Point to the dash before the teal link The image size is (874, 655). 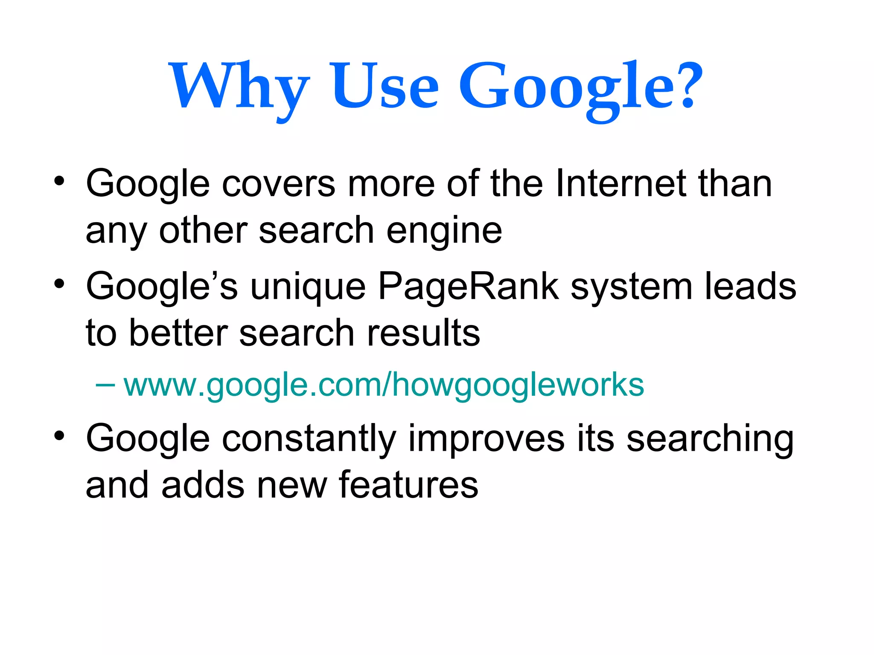(x=105, y=385)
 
